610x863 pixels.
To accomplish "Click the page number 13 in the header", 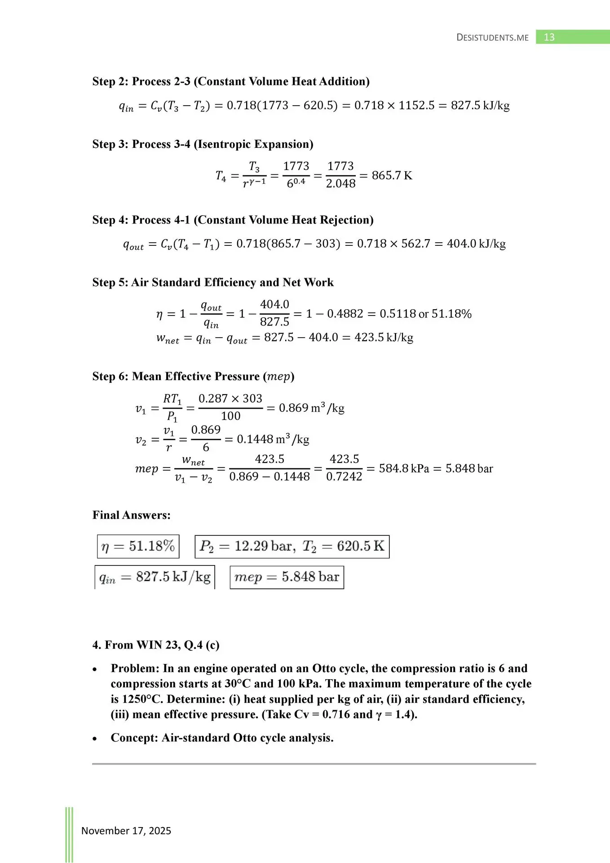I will (549, 37).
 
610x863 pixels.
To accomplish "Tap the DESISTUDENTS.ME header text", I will (492, 37).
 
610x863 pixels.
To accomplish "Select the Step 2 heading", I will (231, 81).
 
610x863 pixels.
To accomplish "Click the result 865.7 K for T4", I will (392, 175).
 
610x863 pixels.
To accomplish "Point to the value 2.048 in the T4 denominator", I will (340, 183).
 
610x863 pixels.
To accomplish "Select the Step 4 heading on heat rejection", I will (233, 220).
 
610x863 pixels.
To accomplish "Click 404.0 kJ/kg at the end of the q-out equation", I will (476, 244).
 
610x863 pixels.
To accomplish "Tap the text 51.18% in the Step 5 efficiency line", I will (451, 314).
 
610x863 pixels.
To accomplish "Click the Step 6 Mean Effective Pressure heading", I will (193, 376).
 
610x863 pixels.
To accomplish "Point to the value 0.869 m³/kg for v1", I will (311, 408).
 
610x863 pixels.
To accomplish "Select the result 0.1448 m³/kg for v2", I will (273, 439).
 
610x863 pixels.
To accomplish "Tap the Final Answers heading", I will (131, 515).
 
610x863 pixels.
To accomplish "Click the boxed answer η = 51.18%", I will (138, 546).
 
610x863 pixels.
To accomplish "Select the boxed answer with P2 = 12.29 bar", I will (292, 546).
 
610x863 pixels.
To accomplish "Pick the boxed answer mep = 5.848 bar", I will (287, 577).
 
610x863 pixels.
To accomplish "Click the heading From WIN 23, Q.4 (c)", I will (156, 645).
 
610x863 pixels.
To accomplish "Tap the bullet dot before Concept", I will (95, 738).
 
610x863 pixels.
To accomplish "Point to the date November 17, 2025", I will (126, 831).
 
